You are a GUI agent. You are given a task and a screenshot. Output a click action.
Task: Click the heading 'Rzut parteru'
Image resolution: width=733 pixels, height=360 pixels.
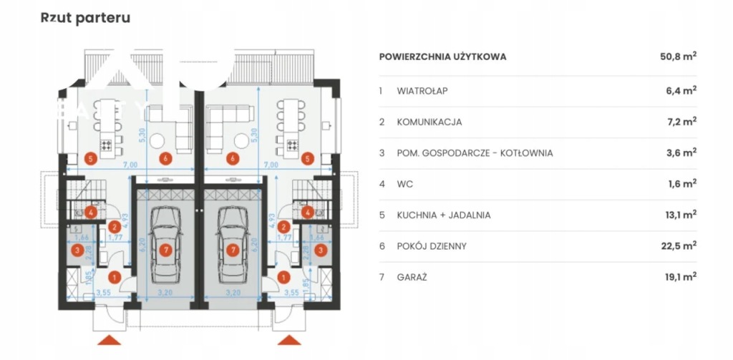pyautogui.click(x=86, y=18)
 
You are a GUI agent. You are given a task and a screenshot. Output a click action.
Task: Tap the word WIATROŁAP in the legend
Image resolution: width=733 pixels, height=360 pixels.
pyautogui.click(x=422, y=91)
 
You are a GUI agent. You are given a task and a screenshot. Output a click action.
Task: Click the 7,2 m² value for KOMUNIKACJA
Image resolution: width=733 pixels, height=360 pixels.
pyautogui.click(x=681, y=122)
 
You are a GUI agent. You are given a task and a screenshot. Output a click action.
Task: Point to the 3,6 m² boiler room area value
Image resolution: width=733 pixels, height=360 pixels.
pyautogui.click(x=681, y=152)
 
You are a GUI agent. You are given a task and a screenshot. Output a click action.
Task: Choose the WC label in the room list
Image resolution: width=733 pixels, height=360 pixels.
pyautogui.click(x=404, y=184)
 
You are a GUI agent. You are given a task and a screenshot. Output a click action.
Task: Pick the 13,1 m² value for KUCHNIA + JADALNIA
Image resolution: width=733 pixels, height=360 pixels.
pyautogui.click(x=679, y=215)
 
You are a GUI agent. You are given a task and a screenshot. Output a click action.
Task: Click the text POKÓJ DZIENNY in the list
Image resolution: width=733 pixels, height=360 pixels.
pyautogui.click(x=432, y=245)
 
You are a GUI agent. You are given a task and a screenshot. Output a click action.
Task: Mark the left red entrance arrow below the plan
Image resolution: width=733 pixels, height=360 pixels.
pyautogui.click(x=110, y=340)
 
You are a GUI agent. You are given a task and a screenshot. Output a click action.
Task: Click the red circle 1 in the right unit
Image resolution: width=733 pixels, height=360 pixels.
pyautogui.click(x=283, y=277)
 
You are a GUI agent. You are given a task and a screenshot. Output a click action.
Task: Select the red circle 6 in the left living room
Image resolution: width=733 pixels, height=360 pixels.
pyautogui.click(x=166, y=159)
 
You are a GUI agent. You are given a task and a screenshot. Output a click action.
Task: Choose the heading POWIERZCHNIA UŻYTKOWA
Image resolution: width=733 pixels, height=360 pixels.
pyautogui.click(x=442, y=57)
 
